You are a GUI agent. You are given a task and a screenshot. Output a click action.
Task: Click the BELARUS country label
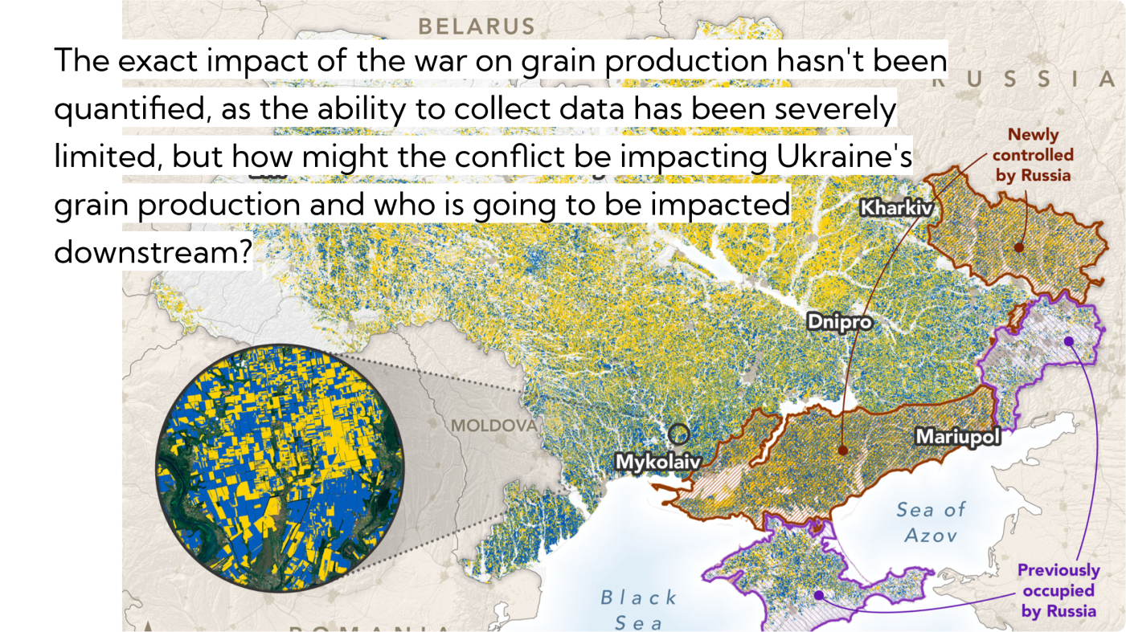477,26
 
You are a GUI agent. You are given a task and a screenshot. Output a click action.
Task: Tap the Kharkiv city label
896,208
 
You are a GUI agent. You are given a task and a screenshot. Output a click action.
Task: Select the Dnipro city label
840,323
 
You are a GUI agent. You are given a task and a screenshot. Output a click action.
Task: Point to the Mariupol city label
958,437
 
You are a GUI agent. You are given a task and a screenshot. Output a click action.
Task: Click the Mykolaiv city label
657,462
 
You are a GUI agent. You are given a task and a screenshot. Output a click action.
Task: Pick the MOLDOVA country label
493,425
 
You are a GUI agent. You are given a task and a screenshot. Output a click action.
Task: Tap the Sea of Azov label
932,521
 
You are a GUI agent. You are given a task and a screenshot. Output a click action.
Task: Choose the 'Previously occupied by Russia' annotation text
1058,590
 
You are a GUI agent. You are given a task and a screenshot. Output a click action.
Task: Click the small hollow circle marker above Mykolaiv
679,434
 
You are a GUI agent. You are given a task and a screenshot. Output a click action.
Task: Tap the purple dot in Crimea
818,595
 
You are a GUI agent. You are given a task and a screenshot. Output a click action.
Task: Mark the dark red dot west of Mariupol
842,451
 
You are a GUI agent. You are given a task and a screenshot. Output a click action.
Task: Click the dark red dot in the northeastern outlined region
1019,247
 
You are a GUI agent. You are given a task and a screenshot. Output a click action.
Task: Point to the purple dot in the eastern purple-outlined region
1069,340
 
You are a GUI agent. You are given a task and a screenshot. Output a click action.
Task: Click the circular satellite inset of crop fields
280,469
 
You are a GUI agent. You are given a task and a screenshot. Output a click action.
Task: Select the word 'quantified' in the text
128,109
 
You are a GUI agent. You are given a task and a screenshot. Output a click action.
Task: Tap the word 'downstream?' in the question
154,251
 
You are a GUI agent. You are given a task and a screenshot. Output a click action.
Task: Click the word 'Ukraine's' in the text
844,157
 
